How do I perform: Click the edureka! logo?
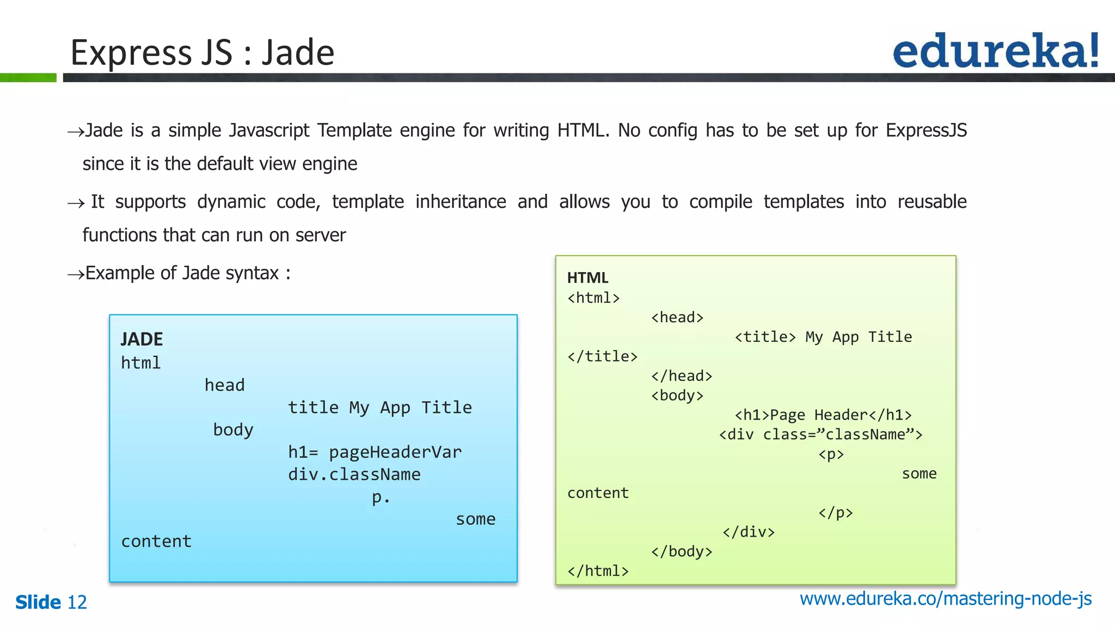(995, 51)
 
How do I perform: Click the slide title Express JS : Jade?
(202, 53)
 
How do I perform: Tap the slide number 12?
(77, 602)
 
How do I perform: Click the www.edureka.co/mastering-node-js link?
(945, 598)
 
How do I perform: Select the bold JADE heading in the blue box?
(142, 339)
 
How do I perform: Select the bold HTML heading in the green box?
(587, 278)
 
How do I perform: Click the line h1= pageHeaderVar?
(375, 452)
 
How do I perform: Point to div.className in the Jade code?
(354, 474)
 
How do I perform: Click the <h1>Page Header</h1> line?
(823, 415)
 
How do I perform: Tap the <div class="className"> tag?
(820, 434)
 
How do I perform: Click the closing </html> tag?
(598, 570)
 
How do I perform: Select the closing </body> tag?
(682, 551)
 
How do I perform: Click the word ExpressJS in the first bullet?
(926, 130)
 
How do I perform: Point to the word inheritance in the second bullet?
(461, 201)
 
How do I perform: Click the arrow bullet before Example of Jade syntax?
(76, 274)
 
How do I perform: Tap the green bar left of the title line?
(28, 78)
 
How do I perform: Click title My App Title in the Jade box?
(379, 407)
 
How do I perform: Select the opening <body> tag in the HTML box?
(677, 395)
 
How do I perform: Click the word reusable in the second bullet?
(932, 201)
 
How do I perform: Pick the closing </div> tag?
(748, 532)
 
